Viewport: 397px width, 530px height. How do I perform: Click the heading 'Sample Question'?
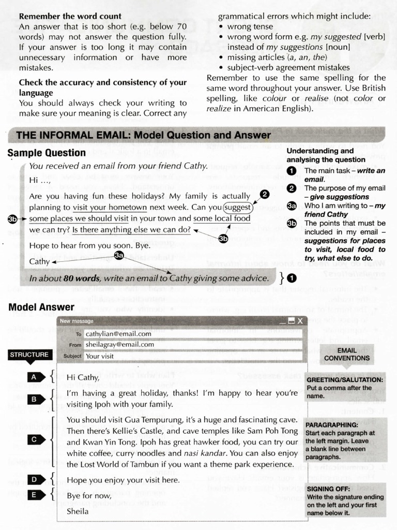[47, 153]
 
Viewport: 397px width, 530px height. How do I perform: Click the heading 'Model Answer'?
[41, 307]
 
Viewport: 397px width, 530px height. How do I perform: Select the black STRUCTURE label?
[29, 355]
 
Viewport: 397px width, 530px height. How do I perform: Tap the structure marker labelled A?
[34, 377]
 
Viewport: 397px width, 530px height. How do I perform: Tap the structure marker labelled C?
[34, 439]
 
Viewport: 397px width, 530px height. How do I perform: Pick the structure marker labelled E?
[34, 495]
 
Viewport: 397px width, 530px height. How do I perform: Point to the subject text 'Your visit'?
[100, 356]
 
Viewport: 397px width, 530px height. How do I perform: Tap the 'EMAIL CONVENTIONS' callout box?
[347, 354]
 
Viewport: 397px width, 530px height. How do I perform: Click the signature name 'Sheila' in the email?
[78, 511]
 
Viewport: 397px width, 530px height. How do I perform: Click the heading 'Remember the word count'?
[70, 16]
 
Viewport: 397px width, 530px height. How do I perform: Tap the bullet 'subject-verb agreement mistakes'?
[288, 68]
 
